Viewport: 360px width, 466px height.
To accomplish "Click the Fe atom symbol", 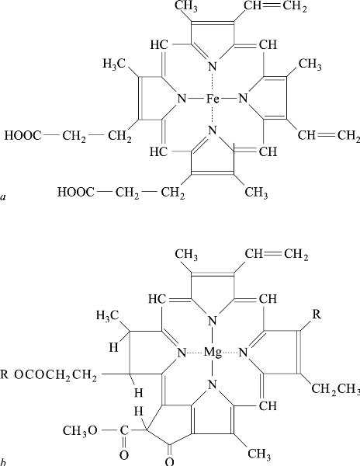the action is point(213,99).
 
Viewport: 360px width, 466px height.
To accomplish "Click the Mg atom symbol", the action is point(213,353).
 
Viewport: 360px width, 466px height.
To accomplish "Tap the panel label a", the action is point(3,196).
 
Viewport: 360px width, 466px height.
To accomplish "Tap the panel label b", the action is point(4,462).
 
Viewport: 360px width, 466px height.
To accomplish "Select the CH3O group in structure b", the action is point(80,430).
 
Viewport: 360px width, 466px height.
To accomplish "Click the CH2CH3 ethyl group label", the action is point(336,389).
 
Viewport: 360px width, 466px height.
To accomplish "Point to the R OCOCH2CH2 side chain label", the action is point(49,375).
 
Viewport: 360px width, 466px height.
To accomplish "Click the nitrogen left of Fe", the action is point(182,98).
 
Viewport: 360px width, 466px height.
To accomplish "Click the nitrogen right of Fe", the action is point(243,98).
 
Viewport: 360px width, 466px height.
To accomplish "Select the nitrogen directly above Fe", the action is point(213,66).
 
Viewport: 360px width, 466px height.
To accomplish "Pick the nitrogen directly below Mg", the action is point(213,384).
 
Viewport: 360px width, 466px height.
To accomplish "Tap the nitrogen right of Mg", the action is point(243,353).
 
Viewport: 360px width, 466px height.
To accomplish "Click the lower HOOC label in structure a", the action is point(76,192).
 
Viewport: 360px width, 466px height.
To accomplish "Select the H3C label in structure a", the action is point(114,64).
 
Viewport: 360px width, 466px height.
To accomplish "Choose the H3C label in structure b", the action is point(107,315).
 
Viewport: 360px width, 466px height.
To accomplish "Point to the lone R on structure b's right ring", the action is point(317,315).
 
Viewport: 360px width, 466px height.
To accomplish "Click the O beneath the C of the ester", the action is point(124,455).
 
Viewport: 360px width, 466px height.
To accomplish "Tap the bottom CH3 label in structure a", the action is point(256,193).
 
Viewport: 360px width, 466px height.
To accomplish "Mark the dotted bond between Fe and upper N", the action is point(213,82).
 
